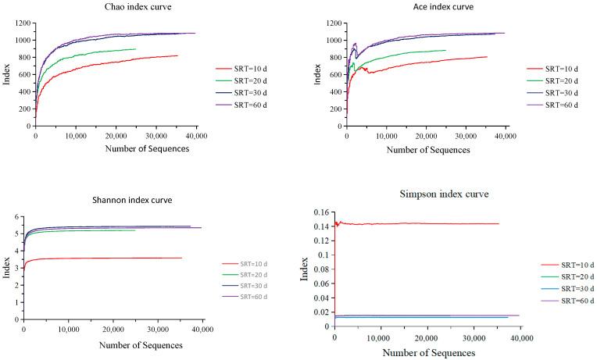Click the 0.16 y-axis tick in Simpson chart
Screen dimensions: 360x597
(x=320, y=212)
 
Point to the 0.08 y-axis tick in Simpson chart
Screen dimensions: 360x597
(x=320, y=269)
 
